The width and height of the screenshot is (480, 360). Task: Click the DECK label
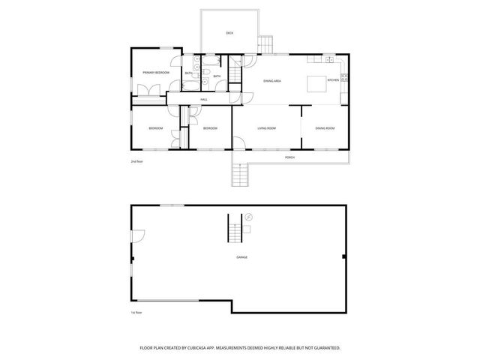pyautogui.click(x=229, y=33)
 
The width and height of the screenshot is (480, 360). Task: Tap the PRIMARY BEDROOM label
pyautogui.click(x=155, y=72)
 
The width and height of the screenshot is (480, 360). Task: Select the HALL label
pyautogui.click(x=203, y=99)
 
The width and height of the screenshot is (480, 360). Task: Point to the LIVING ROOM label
pyautogui.click(x=266, y=128)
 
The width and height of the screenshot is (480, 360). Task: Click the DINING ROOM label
pyautogui.click(x=325, y=128)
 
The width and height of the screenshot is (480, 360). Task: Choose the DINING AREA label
pyautogui.click(x=271, y=80)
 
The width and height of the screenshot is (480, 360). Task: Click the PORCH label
pyautogui.click(x=289, y=157)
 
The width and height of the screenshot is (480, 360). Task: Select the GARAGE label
pyautogui.click(x=241, y=257)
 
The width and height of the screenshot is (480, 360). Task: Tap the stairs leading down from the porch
pyautogui.click(x=238, y=176)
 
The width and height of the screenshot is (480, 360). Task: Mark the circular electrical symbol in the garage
pyautogui.click(x=249, y=217)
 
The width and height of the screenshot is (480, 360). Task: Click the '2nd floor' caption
pyautogui.click(x=136, y=162)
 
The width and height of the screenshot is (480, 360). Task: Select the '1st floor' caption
pyautogui.click(x=136, y=312)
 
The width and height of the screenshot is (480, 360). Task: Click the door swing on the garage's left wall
pyautogui.click(x=137, y=236)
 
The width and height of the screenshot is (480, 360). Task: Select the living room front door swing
pyautogui.click(x=238, y=142)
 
